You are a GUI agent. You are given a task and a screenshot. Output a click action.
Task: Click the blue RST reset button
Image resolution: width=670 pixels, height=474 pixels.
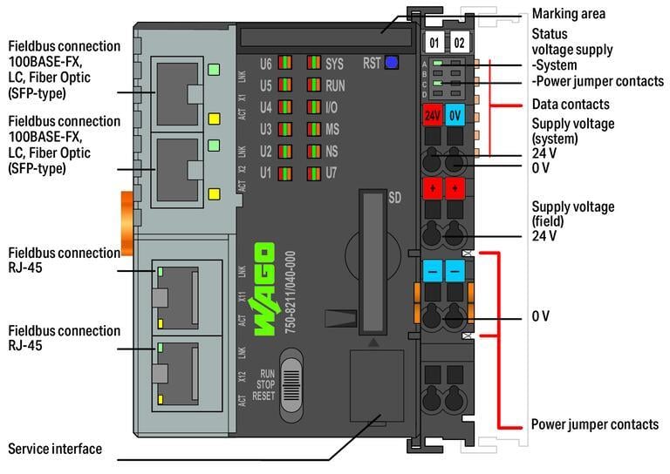(x=392, y=62)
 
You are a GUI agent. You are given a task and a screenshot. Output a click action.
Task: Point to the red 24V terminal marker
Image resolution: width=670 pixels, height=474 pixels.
(x=432, y=115)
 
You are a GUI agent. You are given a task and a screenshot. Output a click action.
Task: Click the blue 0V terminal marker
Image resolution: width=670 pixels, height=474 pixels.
(x=455, y=115)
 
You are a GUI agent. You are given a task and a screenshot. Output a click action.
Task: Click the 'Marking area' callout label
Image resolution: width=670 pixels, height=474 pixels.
(x=568, y=13)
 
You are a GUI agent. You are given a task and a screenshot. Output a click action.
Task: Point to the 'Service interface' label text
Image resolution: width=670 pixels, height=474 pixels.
(x=55, y=449)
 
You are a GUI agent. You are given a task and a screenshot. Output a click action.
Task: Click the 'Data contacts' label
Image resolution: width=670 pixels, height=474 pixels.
(x=571, y=104)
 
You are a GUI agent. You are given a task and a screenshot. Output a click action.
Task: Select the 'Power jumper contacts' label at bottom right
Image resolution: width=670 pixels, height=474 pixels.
(x=595, y=424)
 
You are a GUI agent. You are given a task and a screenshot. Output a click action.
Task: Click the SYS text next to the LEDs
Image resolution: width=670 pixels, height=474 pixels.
(x=334, y=64)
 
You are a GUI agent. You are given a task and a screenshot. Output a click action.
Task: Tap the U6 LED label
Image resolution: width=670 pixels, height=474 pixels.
(x=267, y=64)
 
